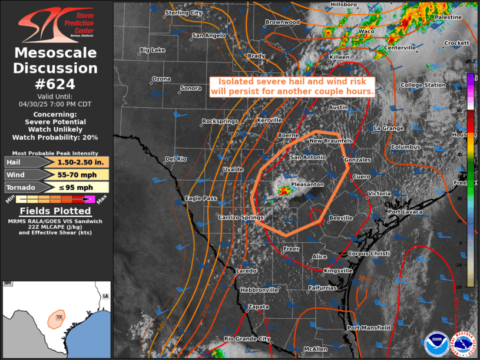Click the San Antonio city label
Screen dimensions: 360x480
pyautogui.click(x=308, y=157)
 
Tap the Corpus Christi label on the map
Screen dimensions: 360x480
pyautogui.click(x=369, y=254)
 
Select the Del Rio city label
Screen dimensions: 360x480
pyautogui.click(x=176, y=158)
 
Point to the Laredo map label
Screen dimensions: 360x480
pyautogui.click(x=246, y=271)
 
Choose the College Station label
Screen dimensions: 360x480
pyautogui.click(x=423, y=85)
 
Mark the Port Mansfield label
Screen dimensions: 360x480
pyautogui.click(x=369, y=328)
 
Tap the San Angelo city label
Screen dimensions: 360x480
pyautogui.click(x=209, y=35)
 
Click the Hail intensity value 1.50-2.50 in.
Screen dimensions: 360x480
pyautogui.click(x=77, y=161)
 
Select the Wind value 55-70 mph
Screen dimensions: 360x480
pyautogui.click(x=77, y=174)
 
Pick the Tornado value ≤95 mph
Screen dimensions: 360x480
pyautogui.click(x=77, y=187)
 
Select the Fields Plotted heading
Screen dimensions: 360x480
pyautogui.click(x=55, y=211)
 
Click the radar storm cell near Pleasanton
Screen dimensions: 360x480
pyautogui.click(x=284, y=190)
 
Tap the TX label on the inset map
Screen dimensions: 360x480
pyautogui.click(x=58, y=318)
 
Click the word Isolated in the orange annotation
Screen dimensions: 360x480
pyautogui.click(x=234, y=81)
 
